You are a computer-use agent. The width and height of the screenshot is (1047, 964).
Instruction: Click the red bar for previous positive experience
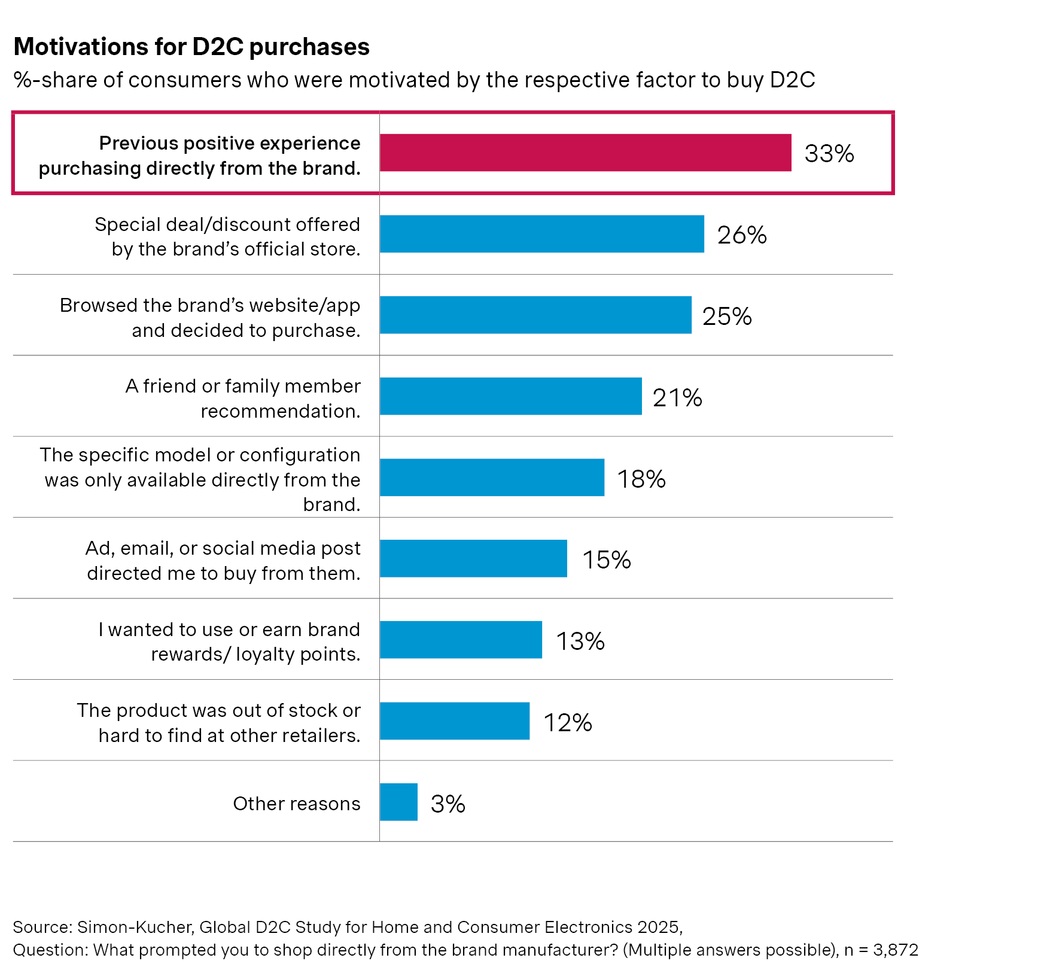coord(585,153)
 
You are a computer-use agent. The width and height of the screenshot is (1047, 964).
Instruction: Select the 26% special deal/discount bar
coord(541,234)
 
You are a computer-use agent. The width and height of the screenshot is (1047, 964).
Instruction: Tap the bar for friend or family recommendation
coord(510,396)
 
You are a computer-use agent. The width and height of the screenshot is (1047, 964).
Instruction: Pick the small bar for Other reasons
coord(398,802)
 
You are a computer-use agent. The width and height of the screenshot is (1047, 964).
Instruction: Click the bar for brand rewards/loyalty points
coord(461,640)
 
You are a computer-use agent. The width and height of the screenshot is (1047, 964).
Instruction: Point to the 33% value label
coord(829,154)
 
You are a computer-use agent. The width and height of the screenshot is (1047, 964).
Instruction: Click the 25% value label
coord(726,317)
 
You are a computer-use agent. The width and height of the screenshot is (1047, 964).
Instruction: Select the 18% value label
coord(641,479)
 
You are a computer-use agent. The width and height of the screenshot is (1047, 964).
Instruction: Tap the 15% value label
coord(606,560)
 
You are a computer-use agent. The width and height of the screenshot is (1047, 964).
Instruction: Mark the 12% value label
coord(567,723)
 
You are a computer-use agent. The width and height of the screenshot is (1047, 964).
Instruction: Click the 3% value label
coord(448,804)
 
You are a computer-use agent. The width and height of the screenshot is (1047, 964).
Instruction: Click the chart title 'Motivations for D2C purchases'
coord(191,47)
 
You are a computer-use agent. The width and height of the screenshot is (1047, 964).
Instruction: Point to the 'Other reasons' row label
coord(297,803)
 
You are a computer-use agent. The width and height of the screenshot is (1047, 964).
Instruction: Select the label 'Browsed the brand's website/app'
coord(210,305)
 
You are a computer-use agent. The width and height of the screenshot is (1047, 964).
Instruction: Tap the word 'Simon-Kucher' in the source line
coord(135,927)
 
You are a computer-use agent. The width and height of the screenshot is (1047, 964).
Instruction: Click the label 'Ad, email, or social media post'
coord(223,548)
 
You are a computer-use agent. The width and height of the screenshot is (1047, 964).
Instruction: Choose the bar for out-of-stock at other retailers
coord(455,721)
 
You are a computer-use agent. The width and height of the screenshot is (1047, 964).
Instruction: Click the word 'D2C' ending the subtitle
coord(792,80)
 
